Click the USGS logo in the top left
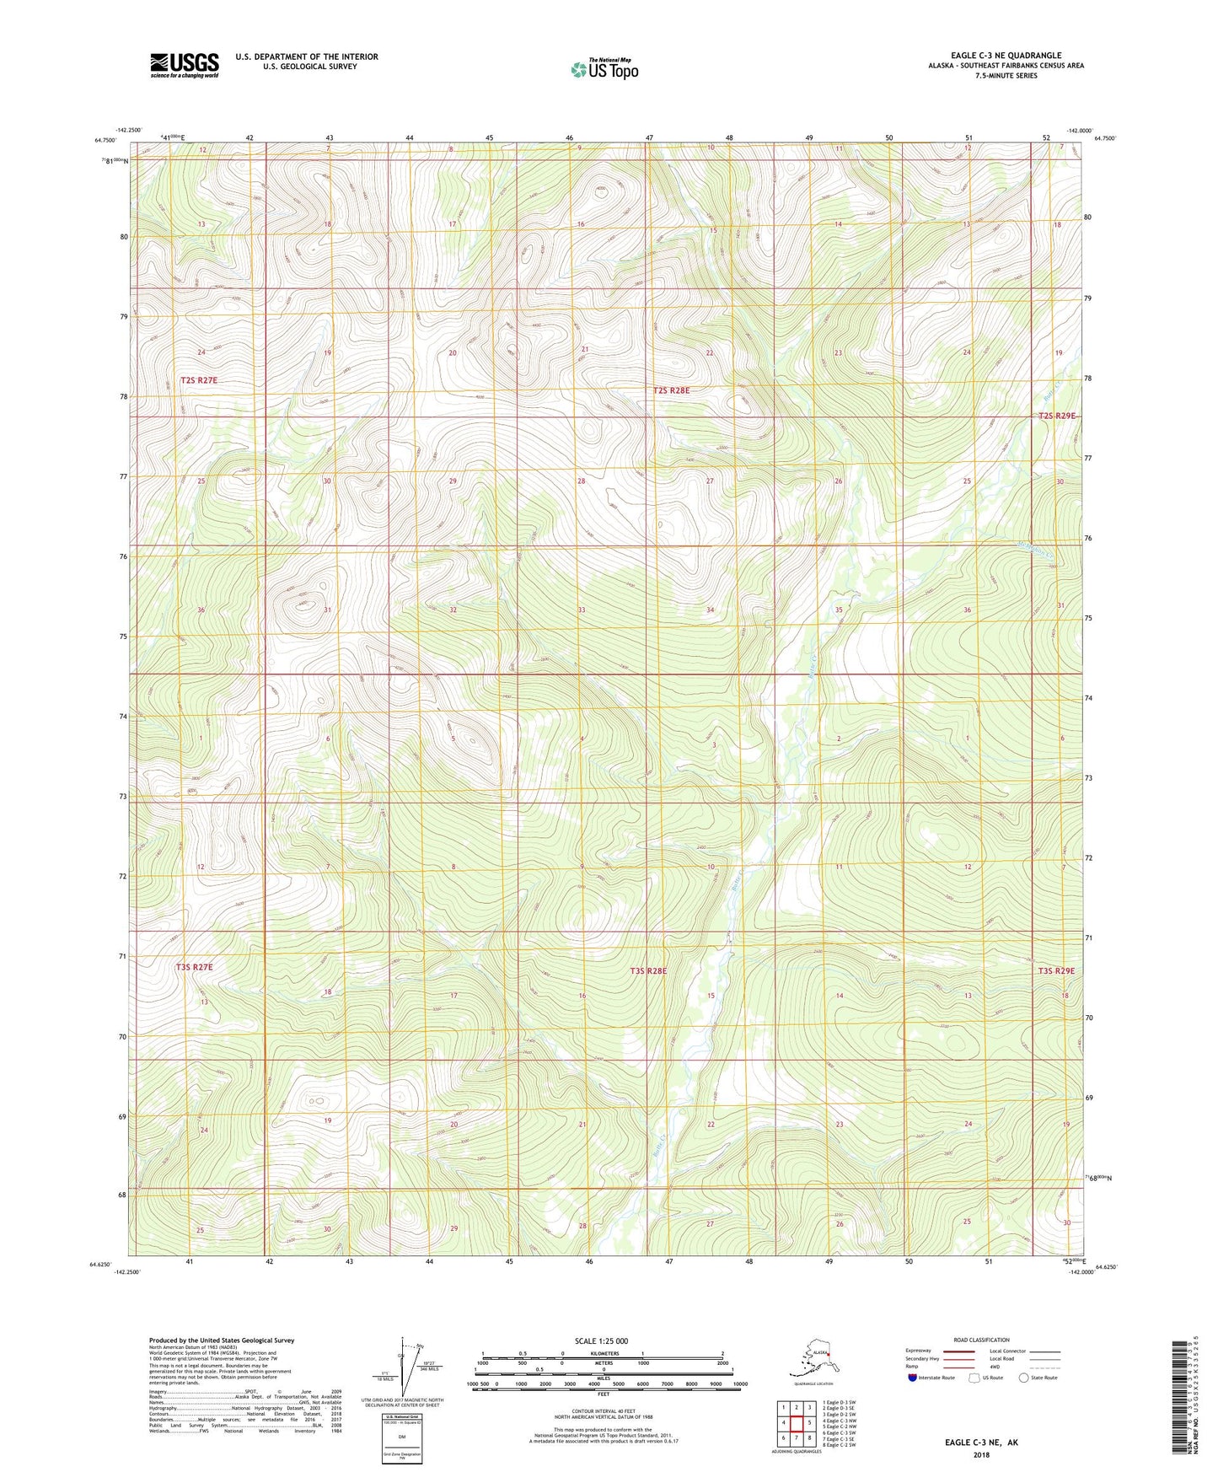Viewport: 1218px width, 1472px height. [x=184, y=65]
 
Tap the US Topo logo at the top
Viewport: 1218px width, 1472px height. [x=604, y=68]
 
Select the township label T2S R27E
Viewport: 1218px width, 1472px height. [x=199, y=381]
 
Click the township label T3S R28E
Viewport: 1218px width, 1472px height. [x=648, y=971]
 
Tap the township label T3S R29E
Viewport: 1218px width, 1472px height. [x=1056, y=971]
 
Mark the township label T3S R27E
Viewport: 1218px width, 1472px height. [x=195, y=967]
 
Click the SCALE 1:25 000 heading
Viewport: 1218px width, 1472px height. [x=602, y=1340]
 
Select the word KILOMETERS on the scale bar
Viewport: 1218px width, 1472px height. [x=602, y=1353]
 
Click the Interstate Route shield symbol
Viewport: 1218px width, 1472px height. [x=913, y=1378]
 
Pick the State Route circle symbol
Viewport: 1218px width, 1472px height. [x=1023, y=1378]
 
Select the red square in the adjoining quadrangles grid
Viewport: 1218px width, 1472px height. [x=797, y=1423]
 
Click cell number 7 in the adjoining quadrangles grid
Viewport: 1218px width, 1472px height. [x=797, y=1437]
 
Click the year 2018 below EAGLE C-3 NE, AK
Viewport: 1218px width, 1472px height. [x=981, y=1454]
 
